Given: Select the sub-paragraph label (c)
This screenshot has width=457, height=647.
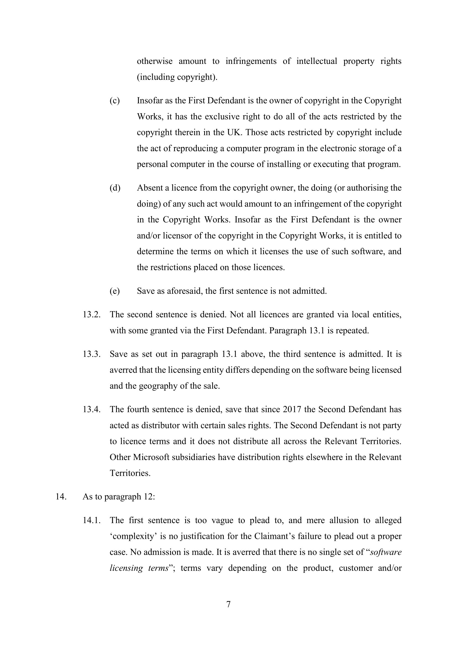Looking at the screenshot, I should [x=115, y=101].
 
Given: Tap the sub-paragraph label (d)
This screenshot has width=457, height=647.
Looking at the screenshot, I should [x=115, y=188].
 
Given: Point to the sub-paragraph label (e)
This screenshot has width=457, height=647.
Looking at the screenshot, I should [x=115, y=291].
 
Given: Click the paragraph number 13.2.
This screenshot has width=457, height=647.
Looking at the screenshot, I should [x=91, y=315].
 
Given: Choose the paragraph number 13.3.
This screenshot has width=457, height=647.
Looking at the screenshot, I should [x=91, y=354].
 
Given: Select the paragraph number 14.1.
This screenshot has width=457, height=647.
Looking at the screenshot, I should [x=91, y=520].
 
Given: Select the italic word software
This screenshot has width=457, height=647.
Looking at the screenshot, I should [x=386, y=552].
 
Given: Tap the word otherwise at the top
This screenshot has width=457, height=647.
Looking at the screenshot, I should [x=154, y=61].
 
